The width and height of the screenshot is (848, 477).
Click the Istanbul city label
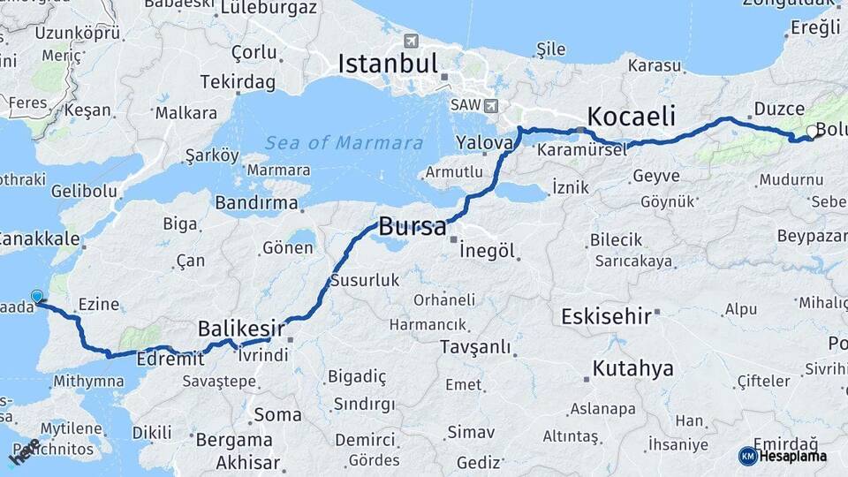[388, 64]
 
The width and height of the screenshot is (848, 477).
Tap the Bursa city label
[413, 226]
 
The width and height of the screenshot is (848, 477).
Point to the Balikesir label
[240, 329]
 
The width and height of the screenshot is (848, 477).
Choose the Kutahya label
[632, 368]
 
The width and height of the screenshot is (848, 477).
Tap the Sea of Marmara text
[344, 143]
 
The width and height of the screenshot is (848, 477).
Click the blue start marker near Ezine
[37, 297]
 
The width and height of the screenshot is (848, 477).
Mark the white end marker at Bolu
[812, 132]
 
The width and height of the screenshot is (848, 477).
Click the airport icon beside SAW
[490, 106]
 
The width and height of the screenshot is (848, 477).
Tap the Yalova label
[485, 142]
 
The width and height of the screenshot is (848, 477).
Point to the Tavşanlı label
[476, 347]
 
